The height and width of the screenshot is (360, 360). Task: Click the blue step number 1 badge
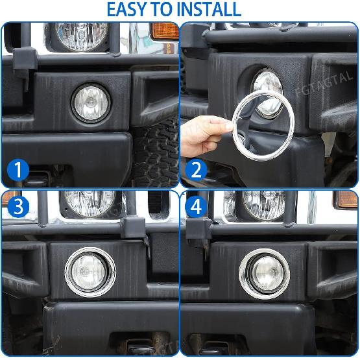point(19,171)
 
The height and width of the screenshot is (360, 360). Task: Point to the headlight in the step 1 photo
point(80,34)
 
